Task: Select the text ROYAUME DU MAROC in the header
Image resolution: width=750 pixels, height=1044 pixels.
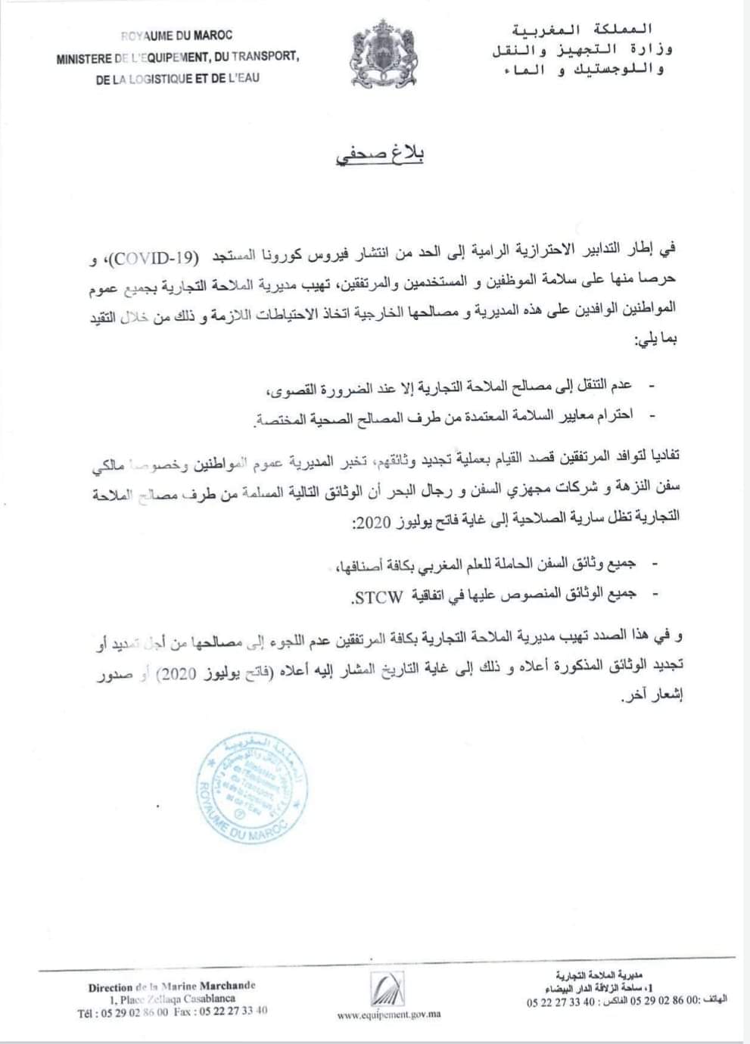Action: pos(176,35)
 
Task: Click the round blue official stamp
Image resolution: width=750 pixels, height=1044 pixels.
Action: pos(252,788)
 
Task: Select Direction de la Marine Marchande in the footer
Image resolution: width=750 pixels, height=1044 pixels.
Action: pos(172,987)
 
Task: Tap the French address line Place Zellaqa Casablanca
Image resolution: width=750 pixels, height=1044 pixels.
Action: pos(172,999)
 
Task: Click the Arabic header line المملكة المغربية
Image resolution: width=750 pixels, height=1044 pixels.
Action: pos(581,30)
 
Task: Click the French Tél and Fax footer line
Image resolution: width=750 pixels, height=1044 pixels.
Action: pos(172,1011)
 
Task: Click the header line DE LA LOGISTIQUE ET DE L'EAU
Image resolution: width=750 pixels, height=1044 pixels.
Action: pos(178,77)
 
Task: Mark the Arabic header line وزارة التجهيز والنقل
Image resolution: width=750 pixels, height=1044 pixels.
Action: pos(581,50)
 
